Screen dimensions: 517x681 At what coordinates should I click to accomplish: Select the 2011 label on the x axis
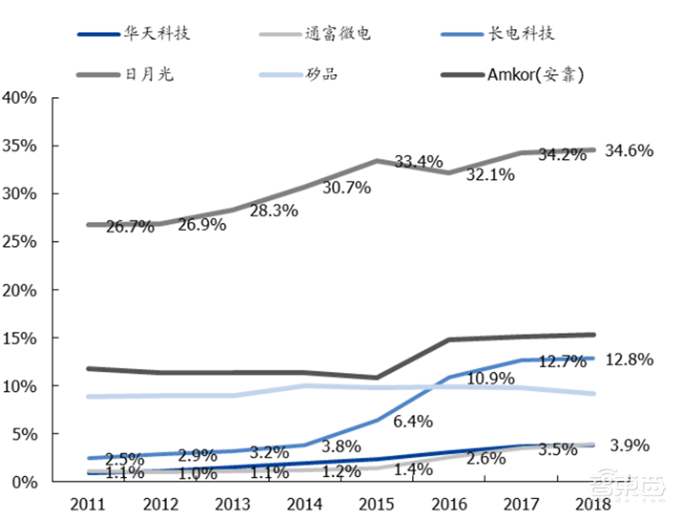(88, 503)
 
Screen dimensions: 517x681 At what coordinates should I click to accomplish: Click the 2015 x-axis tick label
(377, 503)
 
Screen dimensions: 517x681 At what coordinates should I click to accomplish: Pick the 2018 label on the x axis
(593, 503)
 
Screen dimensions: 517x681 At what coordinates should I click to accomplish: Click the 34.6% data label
(629, 151)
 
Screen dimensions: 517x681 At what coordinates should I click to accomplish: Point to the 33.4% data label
(418, 162)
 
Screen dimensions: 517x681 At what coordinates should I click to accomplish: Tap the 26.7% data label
(130, 227)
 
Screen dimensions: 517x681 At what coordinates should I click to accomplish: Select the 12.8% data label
(629, 359)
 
